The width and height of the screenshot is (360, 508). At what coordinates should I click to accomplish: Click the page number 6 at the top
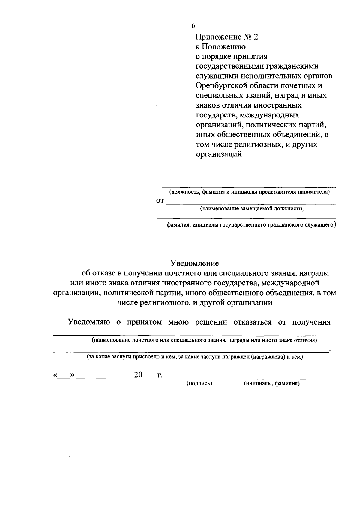click(193, 26)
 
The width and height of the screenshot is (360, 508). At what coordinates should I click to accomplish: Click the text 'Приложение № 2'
click(226, 37)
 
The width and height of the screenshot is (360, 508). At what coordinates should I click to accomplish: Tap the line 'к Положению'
click(220, 47)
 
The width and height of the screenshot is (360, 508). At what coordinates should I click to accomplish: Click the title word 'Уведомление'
click(195, 263)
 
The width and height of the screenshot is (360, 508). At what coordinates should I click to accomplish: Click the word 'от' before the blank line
click(160, 201)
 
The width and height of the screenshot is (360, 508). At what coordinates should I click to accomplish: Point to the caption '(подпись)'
click(199, 383)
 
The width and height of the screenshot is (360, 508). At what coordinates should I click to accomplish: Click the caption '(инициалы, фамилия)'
click(272, 383)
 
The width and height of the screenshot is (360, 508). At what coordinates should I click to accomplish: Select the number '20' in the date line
click(138, 375)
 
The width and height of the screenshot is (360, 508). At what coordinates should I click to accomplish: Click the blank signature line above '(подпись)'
click(197, 379)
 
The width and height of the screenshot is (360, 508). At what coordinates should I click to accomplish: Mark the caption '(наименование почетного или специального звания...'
click(204, 340)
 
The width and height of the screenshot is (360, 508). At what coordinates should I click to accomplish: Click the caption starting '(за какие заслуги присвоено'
click(195, 357)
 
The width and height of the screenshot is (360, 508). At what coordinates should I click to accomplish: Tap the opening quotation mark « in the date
click(55, 375)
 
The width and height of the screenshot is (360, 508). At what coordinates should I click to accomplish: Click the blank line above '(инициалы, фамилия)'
click(275, 379)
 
